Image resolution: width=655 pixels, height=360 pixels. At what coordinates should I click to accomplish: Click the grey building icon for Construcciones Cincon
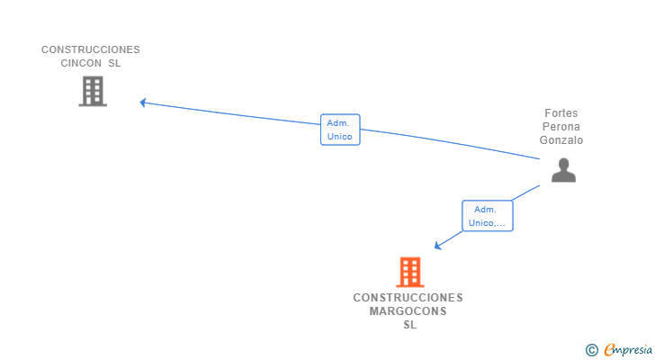click(93, 91)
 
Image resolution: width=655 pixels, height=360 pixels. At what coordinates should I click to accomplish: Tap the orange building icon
click(410, 272)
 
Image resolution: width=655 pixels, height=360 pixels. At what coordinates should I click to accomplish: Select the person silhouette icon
click(563, 170)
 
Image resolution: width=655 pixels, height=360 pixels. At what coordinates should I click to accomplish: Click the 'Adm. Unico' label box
click(340, 130)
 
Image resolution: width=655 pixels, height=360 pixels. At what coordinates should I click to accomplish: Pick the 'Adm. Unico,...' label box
click(488, 215)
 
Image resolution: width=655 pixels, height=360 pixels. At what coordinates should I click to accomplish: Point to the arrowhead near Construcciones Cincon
click(142, 103)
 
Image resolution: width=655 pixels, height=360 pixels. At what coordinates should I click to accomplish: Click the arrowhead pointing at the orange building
click(437, 246)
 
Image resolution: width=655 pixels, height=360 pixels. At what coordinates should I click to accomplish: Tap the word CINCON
click(81, 63)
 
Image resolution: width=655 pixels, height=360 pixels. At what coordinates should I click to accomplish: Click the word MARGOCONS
click(408, 311)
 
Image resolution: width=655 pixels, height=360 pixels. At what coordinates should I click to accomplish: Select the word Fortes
click(561, 113)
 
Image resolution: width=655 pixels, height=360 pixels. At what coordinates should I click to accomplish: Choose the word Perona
click(561, 127)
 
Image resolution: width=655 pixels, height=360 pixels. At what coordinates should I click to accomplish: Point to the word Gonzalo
click(561, 139)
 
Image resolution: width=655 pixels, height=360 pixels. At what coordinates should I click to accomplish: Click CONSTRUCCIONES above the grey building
click(91, 49)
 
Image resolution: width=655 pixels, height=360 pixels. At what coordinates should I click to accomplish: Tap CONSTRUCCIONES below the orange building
click(408, 298)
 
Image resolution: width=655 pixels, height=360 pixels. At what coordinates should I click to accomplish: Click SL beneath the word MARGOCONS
click(409, 325)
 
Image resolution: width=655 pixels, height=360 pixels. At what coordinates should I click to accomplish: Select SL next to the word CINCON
click(114, 63)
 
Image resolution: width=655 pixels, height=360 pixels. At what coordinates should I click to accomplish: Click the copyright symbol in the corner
click(591, 350)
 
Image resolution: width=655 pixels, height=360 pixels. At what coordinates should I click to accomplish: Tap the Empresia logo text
click(628, 350)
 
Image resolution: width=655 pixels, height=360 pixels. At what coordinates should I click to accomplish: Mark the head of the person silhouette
click(563, 164)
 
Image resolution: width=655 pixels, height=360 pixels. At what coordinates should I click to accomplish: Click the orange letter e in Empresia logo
click(609, 349)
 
